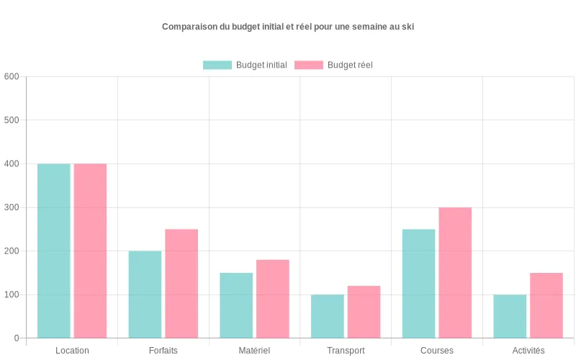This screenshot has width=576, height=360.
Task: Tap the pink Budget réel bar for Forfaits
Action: (x=181, y=284)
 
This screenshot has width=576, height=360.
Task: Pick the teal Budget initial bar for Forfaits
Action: (x=145, y=294)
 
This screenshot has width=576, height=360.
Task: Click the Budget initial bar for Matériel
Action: (x=236, y=305)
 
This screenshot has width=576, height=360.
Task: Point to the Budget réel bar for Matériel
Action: (x=272, y=299)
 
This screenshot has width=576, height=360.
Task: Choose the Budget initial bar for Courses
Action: (x=418, y=284)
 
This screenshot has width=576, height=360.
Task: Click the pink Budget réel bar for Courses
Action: (x=455, y=273)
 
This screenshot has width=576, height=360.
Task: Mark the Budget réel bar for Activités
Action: (x=546, y=305)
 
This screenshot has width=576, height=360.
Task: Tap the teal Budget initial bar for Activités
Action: (x=510, y=316)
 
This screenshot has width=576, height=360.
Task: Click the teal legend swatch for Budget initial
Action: (x=217, y=65)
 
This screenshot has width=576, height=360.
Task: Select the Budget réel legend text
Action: (x=350, y=65)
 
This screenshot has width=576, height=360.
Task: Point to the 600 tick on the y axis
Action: (x=11, y=76)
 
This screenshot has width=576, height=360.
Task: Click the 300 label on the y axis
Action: (x=11, y=207)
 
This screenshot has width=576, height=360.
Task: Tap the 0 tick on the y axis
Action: (x=16, y=338)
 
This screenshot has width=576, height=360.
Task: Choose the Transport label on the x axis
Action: (x=346, y=351)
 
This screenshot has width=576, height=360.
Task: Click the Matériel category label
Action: (x=254, y=351)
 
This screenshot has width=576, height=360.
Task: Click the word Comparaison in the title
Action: (x=189, y=27)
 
